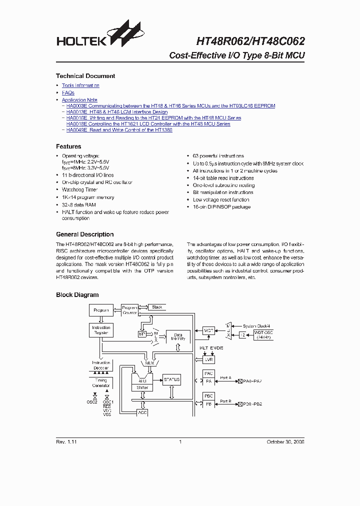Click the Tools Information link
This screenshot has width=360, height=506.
click(80, 85)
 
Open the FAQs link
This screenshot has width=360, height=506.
click(68, 92)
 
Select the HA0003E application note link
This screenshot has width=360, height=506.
click(170, 105)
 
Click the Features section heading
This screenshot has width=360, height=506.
click(68, 146)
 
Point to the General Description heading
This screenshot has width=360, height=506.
click(84, 234)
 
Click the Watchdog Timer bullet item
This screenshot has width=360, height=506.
click(79, 190)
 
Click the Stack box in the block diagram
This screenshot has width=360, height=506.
click(156, 307)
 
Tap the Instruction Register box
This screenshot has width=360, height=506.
click(101, 330)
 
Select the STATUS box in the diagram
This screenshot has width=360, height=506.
click(171, 379)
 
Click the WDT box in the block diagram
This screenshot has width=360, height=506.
click(209, 330)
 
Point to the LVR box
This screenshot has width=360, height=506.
click(209, 359)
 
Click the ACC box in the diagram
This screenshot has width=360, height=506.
click(142, 413)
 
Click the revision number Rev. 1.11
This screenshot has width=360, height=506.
click(66, 441)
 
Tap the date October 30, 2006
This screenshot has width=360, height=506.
click(285, 441)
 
